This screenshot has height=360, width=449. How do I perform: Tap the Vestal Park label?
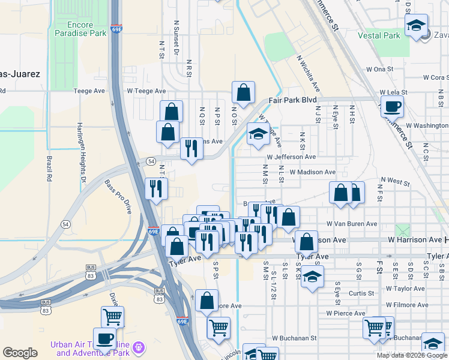click(379, 35)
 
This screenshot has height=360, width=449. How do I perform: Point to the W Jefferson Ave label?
click(291, 157)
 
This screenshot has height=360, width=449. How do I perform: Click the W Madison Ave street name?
click(312, 172)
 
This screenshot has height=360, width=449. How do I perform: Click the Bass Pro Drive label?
click(118, 197)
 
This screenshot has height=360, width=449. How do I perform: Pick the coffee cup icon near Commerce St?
click(393, 107)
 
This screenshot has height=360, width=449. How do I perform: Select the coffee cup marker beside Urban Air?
click(104, 338)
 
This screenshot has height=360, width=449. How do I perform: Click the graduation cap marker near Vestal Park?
click(416, 26)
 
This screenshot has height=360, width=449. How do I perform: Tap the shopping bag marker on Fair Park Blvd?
click(243, 93)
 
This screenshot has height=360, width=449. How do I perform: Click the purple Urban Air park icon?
click(140, 347)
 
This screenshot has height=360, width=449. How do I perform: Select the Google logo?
click(20, 353)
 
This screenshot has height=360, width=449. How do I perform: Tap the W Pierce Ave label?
click(346, 313)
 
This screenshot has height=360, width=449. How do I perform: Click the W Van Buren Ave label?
click(352, 224)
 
